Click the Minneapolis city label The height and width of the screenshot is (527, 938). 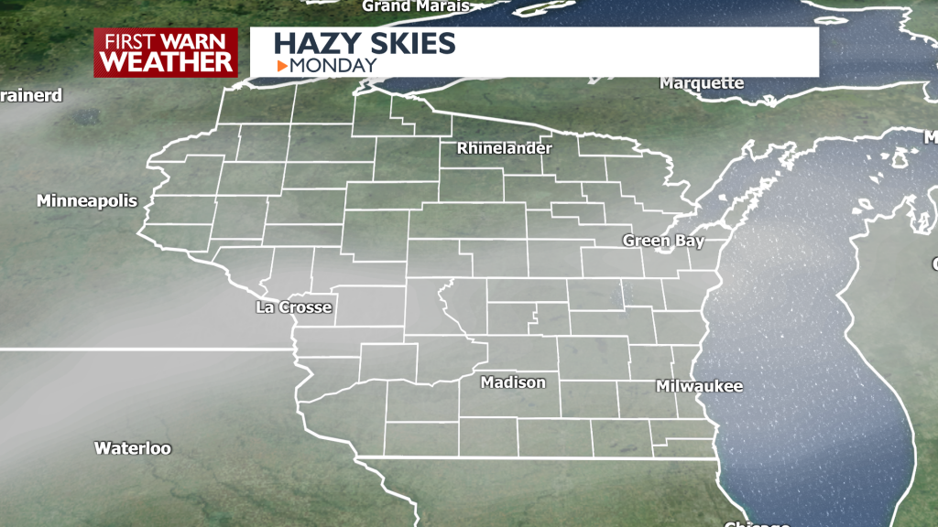(x=87, y=201)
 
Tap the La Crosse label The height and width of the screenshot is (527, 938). (x=293, y=307)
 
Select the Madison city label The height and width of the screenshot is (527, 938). (x=514, y=382)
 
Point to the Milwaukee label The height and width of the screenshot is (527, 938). (x=699, y=386)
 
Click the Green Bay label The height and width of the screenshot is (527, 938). (x=663, y=241)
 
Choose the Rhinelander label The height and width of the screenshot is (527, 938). (x=505, y=147)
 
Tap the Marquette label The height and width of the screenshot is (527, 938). (x=702, y=83)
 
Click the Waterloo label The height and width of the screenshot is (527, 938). (x=133, y=448)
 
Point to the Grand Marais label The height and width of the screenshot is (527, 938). (x=415, y=6)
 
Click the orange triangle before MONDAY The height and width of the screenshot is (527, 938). (x=282, y=65)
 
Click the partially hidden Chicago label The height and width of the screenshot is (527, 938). (x=757, y=522)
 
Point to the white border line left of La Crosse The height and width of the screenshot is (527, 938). (x=137, y=349)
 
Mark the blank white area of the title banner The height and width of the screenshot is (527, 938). (x=641, y=52)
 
